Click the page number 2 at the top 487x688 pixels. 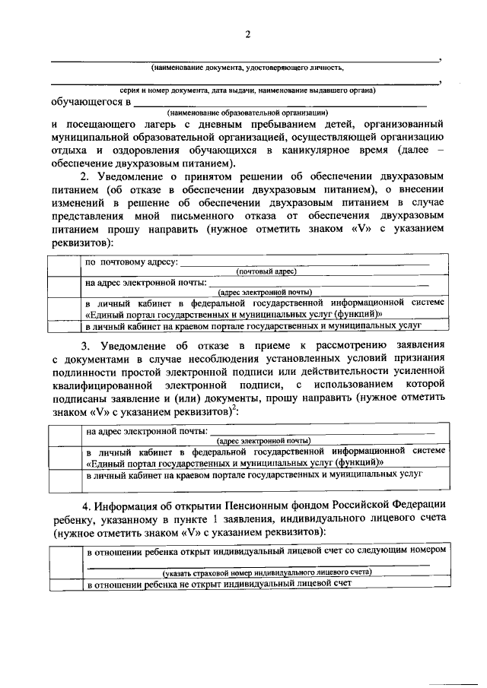pos(248,33)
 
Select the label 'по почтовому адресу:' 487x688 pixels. pos(131,263)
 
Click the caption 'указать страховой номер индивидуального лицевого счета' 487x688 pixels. pos(266,572)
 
